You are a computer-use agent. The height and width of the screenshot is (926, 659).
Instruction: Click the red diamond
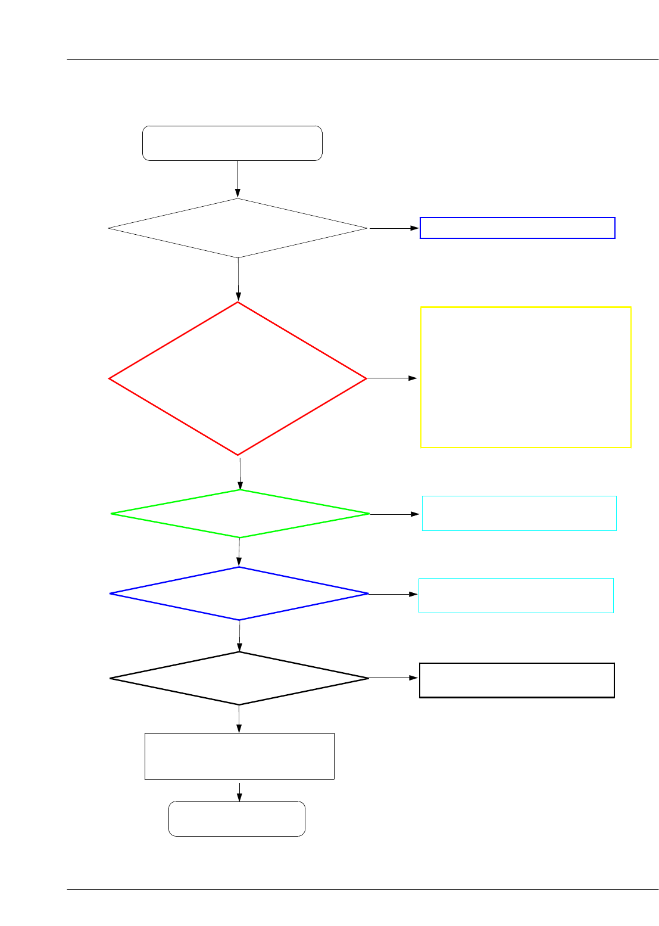click(238, 378)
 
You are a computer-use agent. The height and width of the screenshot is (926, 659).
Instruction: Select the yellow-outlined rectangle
click(526, 377)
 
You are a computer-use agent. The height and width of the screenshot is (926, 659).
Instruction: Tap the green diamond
click(240, 514)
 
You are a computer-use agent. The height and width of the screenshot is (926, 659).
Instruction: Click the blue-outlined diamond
click(239, 593)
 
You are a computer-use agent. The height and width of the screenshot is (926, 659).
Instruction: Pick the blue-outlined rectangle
click(517, 228)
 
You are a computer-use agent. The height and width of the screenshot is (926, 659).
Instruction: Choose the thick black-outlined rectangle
click(517, 680)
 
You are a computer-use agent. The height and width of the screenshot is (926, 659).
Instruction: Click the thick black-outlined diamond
click(239, 678)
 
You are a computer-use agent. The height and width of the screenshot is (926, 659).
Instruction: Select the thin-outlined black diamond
click(238, 228)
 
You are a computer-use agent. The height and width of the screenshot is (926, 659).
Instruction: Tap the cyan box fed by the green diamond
click(519, 513)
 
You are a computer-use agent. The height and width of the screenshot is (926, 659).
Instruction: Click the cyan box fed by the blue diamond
click(516, 595)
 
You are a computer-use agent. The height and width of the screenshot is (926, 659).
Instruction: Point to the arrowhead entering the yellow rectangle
click(414, 378)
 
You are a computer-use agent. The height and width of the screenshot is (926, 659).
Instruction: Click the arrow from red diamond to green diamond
click(240, 473)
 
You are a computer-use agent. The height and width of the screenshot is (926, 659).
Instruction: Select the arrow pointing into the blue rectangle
click(394, 228)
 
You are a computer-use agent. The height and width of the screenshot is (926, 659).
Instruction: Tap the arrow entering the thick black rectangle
click(394, 678)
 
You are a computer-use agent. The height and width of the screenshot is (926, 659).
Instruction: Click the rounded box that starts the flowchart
click(232, 143)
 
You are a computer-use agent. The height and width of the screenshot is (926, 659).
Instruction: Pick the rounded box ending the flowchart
click(237, 819)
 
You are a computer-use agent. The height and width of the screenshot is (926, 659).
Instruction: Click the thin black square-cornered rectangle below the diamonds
click(239, 756)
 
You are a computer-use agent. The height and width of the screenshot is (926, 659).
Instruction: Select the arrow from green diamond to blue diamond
click(239, 552)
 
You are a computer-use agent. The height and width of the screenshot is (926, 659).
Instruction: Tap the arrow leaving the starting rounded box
click(238, 179)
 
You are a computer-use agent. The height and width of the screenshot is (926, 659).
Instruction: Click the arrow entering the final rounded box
click(239, 791)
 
